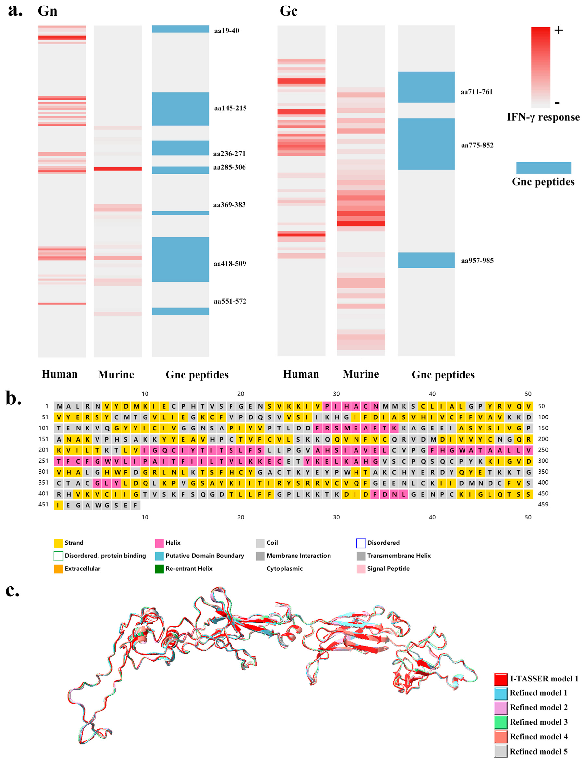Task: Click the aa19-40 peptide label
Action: (x=226, y=31)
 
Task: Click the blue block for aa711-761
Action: (x=426, y=87)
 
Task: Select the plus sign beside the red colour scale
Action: (x=558, y=31)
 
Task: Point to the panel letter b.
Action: (x=13, y=398)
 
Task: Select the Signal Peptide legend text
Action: (x=388, y=569)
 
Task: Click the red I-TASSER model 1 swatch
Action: (x=501, y=679)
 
